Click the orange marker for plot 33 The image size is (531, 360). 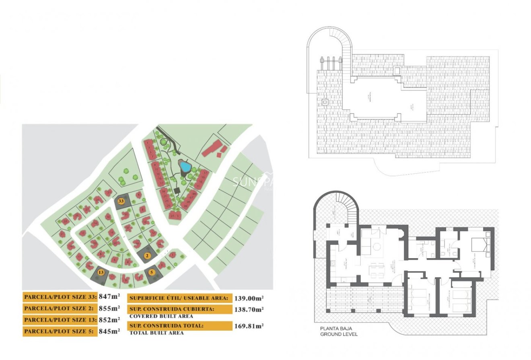[x=121, y=200]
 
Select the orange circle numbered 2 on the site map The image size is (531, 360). [x=147, y=255]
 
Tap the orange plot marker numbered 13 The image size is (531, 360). [x=101, y=272]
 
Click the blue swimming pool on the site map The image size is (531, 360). [x=185, y=166]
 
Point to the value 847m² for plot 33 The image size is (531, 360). [x=109, y=297]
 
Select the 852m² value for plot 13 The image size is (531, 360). [x=109, y=320]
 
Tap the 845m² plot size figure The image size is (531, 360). [x=109, y=331]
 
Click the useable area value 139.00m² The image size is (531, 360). [x=249, y=298]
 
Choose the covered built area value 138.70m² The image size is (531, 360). [x=249, y=309]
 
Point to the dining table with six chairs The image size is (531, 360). [x=378, y=269]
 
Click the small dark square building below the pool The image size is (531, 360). [x=177, y=190]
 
